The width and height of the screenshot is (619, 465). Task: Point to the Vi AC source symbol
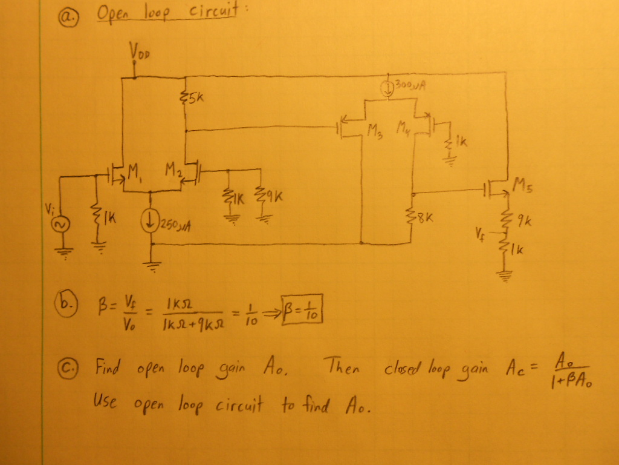[60, 224]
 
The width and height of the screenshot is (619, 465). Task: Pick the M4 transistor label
[404, 128]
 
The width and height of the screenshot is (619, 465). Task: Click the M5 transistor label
[520, 182]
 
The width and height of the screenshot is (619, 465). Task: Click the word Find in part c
[108, 367]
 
